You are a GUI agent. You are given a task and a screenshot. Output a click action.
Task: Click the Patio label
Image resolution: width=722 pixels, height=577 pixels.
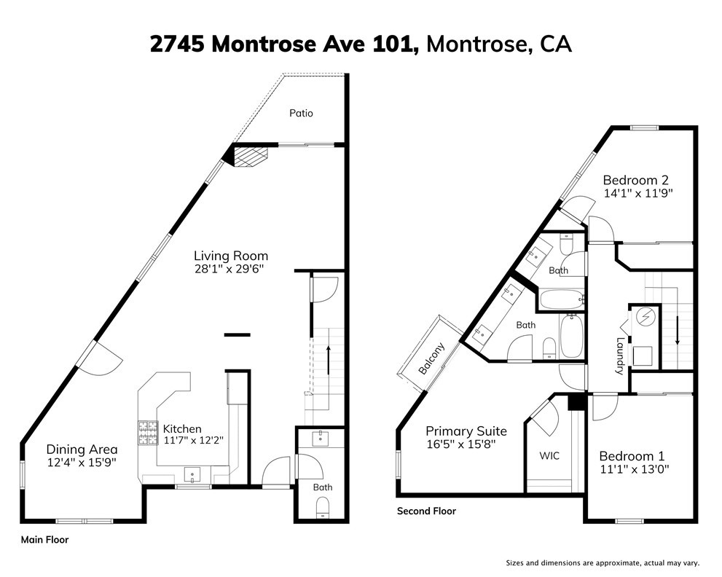[x=301, y=113]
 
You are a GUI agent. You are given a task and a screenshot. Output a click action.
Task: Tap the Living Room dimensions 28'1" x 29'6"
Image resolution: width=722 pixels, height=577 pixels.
[x=229, y=269]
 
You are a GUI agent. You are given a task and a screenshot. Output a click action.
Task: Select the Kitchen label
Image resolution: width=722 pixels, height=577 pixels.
[x=182, y=428]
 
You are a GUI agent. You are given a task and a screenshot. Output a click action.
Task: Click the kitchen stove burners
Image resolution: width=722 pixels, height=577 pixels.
[x=148, y=433]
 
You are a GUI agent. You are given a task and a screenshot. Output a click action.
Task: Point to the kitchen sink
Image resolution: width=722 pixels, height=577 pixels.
[x=192, y=474]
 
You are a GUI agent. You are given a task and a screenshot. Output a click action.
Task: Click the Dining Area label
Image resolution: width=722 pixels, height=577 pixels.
[x=82, y=450]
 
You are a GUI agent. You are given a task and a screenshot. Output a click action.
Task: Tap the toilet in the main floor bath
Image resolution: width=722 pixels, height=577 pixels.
[x=323, y=509]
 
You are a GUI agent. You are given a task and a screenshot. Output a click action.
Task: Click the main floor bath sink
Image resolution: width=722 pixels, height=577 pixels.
[x=320, y=439]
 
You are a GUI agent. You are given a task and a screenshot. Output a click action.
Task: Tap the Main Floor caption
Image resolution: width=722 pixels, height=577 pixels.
[x=44, y=540]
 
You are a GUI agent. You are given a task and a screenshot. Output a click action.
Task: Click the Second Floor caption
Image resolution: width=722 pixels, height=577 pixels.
[x=426, y=511]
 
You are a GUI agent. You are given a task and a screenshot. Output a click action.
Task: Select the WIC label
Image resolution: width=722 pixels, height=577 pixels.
[x=549, y=456]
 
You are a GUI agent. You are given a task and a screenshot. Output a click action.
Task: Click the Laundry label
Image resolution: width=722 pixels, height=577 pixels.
[x=621, y=356]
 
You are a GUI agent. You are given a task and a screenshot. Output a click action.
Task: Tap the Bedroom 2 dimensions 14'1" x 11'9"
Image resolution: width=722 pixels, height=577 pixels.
[x=638, y=193]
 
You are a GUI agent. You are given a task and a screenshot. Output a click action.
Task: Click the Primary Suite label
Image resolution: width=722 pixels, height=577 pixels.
[x=466, y=431]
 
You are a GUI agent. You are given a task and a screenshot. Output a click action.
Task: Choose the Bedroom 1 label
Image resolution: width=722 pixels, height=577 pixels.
[x=632, y=456]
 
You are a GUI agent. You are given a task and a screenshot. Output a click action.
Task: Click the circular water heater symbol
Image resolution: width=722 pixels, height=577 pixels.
[x=643, y=316]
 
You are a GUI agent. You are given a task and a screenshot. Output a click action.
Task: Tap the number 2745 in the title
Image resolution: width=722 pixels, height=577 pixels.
[x=177, y=44]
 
